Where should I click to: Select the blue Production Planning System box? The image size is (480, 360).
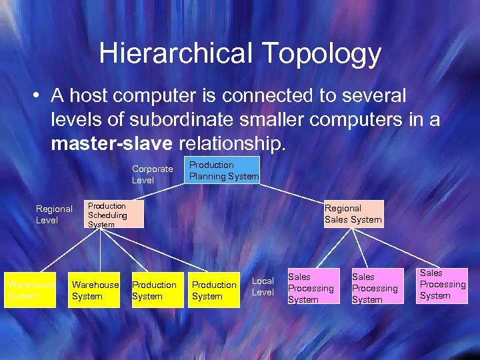point(223,170)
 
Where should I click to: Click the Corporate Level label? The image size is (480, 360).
point(152,175)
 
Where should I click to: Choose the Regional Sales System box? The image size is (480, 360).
point(353,214)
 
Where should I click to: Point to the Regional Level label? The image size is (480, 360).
point(54,215)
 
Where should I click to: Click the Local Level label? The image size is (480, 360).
point(263,287)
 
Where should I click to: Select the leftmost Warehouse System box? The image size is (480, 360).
point(31,291)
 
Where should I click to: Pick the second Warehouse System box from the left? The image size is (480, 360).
point(95,291)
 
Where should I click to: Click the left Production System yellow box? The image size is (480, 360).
point(155,291)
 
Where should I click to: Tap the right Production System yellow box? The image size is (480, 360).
point(215,291)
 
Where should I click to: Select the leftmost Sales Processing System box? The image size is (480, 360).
point(311,288)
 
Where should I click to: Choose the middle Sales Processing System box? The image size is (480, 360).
point(375,288)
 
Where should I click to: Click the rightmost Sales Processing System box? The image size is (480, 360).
point(442,285)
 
